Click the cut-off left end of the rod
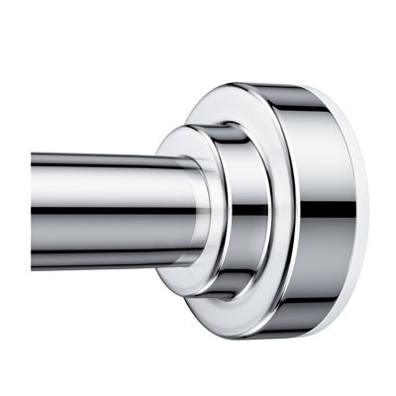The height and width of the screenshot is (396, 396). click(x=35, y=210)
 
